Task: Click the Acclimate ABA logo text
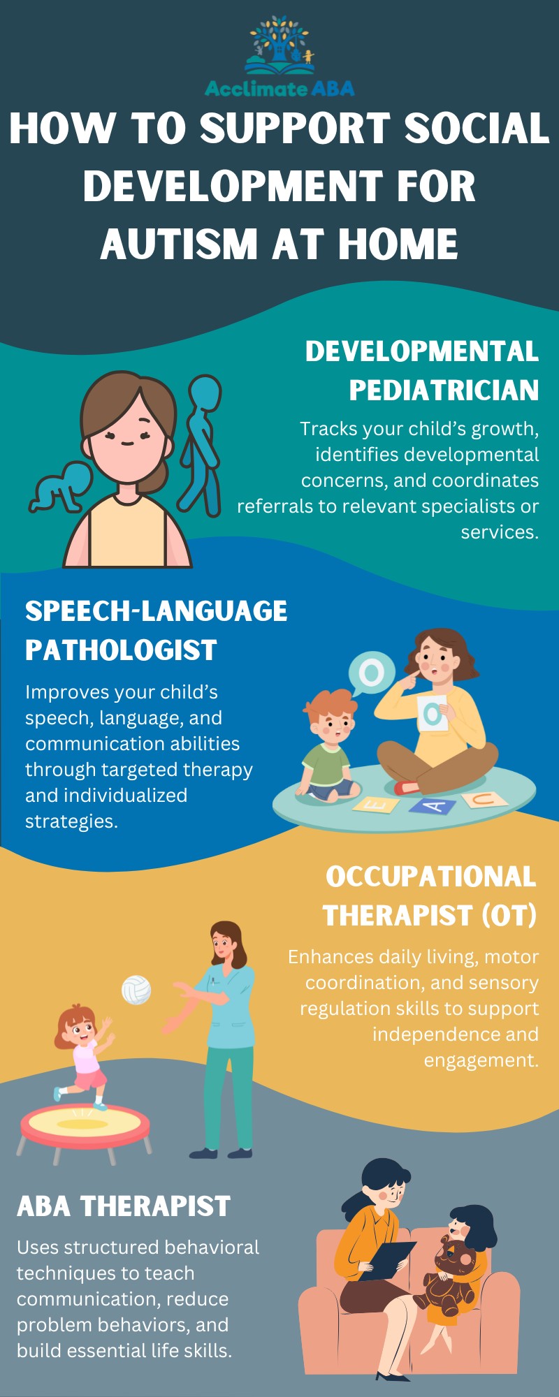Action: click(279, 89)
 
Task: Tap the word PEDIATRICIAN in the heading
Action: click(444, 390)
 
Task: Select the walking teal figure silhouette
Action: click(201, 444)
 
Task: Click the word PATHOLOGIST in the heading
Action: click(121, 650)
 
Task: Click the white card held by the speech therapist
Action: click(433, 713)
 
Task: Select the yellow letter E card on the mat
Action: click(376, 805)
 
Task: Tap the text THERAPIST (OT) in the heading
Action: click(430, 915)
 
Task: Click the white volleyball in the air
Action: click(136, 990)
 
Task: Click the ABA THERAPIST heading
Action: click(124, 1206)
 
